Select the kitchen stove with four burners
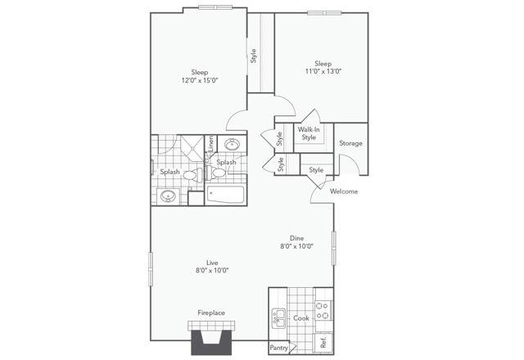coord(323,310)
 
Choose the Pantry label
coord(278,348)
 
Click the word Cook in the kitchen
coord(300,318)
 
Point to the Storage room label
coord(351,143)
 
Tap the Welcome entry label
coord(344,191)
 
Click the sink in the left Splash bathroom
coord(169,196)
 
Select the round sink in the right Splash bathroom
coord(231,144)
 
